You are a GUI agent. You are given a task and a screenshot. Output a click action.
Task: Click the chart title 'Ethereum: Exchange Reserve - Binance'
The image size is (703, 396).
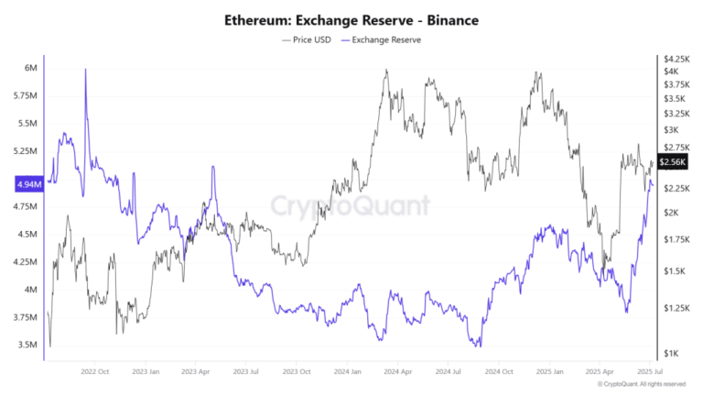pos(351,20)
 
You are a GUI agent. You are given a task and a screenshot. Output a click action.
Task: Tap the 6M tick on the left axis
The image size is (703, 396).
pos(30,68)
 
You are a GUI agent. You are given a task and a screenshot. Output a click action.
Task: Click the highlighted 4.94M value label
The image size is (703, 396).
pos(27,184)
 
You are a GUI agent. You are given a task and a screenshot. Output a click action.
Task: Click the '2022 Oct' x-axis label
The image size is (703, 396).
pos(94,372)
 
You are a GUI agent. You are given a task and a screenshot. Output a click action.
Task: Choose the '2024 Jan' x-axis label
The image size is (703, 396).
pos(349,372)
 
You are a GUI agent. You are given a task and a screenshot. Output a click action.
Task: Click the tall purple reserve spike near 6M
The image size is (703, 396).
pos(85,71)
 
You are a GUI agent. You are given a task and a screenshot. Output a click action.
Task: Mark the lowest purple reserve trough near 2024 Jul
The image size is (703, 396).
pos(476,346)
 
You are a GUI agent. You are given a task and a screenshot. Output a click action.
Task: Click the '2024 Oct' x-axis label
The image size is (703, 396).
pos(500,372)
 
